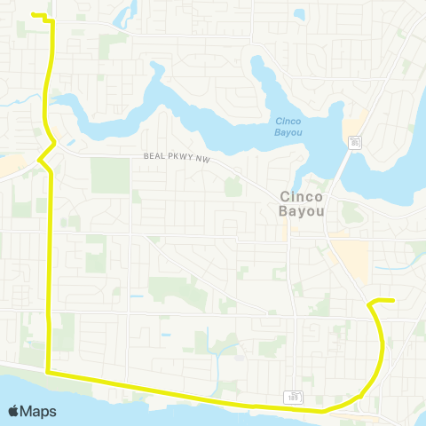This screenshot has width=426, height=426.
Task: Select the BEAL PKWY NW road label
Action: point(176,156)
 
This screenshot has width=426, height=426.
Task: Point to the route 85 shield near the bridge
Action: point(354,141)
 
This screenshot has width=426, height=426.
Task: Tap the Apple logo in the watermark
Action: point(14,411)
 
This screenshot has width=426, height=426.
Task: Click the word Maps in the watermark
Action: point(39,411)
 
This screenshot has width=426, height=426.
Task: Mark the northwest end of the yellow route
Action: point(33,15)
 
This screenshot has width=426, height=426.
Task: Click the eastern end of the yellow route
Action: point(392,301)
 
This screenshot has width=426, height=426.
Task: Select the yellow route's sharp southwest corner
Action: point(48,374)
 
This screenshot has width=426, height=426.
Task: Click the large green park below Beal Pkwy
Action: point(110,176)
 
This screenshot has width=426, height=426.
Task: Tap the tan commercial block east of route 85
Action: point(353,258)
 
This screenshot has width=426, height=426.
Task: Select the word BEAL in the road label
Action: point(154,156)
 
